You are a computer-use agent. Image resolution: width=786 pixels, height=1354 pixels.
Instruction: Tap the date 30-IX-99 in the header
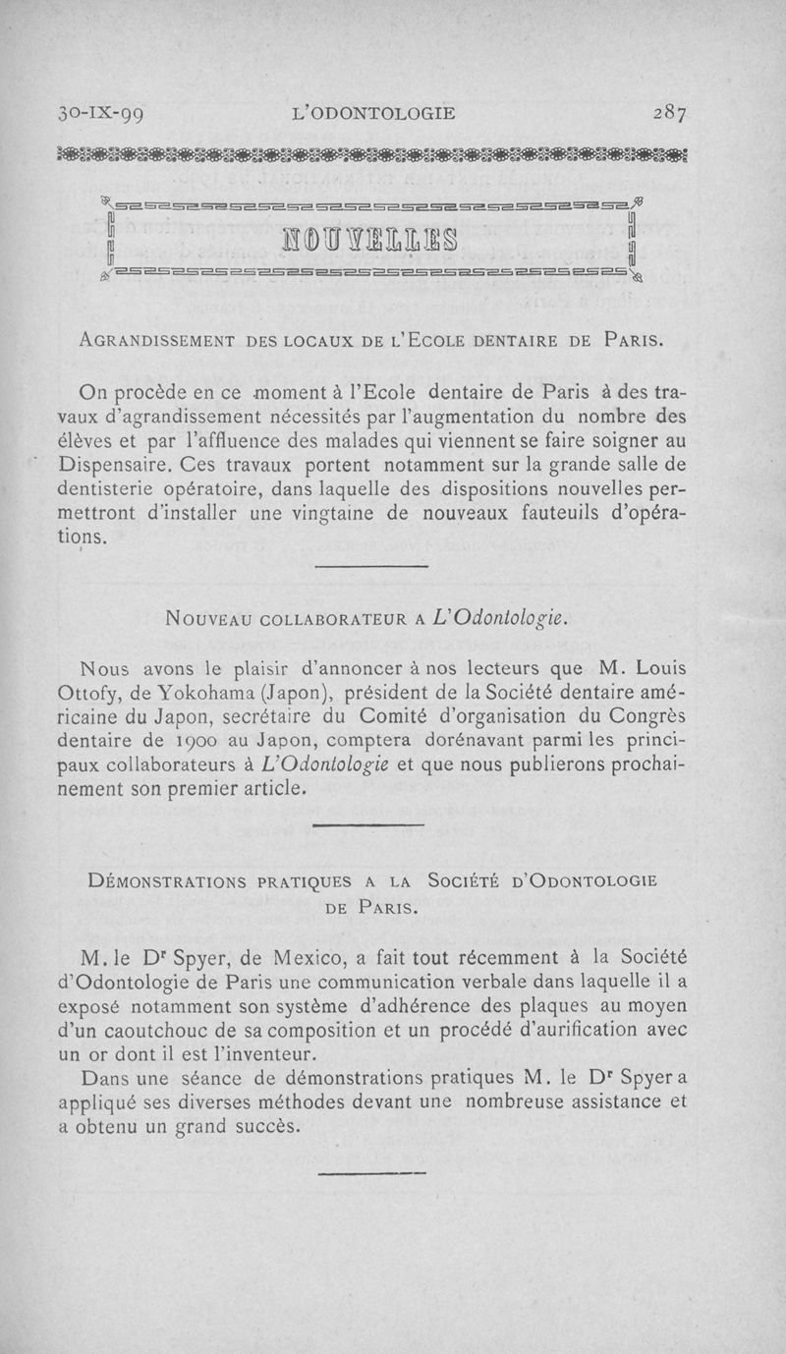point(101,112)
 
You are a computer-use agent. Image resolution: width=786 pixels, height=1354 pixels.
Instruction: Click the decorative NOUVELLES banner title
point(371,239)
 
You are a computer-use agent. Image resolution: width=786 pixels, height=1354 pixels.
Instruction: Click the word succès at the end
point(259,1126)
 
